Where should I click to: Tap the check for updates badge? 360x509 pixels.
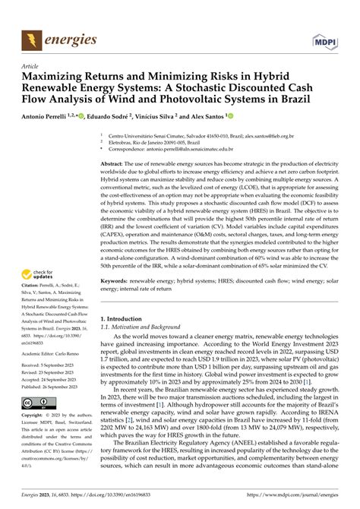tap(41, 275)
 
